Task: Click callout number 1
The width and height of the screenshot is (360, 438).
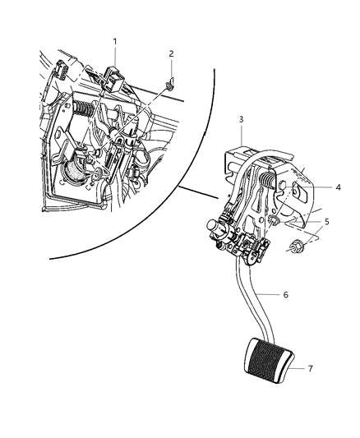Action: [x=114, y=41]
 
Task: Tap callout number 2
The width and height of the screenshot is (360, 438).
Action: [x=171, y=54]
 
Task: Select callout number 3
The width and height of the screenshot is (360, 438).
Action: [x=241, y=120]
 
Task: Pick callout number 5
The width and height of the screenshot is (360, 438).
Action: [x=326, y=222]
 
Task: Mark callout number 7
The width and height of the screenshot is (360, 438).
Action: [x=309, y=368]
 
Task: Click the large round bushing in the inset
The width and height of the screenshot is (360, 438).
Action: [x=76, y=172]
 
